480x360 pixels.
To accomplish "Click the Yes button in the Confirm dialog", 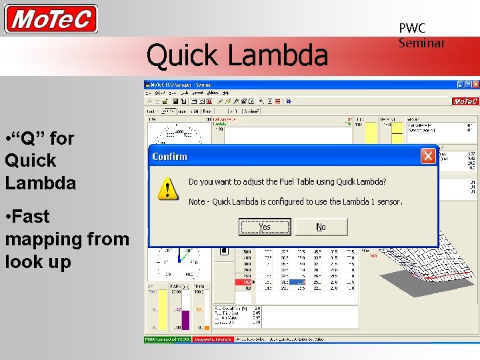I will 265,227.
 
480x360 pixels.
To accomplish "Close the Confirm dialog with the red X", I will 428,156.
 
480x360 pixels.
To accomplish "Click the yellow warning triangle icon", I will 167,189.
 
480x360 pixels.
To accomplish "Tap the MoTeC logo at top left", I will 51,19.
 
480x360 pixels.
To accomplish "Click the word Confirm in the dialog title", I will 170,157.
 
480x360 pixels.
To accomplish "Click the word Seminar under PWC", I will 421,43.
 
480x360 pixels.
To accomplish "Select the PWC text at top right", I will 412,29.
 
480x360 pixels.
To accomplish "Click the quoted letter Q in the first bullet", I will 29,139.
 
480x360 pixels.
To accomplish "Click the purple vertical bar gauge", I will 185,319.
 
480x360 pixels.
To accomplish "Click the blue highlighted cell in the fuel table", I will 298,282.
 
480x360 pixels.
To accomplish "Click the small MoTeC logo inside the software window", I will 465,101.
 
